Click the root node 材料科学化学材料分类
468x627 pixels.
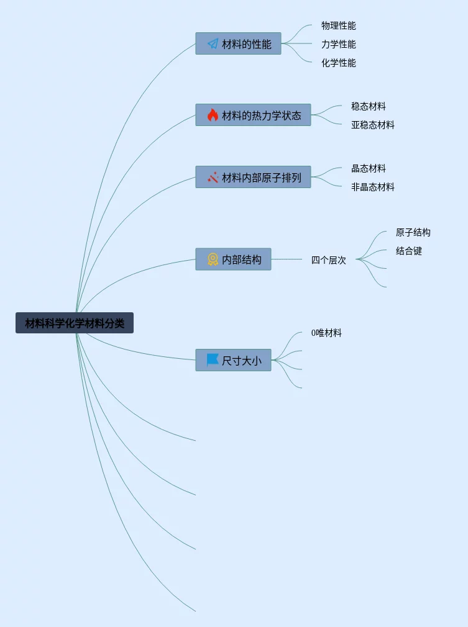coord(75,323)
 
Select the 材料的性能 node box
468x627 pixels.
coord(238,43)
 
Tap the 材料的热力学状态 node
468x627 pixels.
coord(253,115)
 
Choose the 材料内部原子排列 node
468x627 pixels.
coord(253,177)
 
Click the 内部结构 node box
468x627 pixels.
coord(233,259)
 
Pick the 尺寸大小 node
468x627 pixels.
coord(233,360)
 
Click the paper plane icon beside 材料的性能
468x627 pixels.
coord(213,44)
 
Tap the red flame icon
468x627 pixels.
coord(213,115)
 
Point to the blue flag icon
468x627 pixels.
coord(213,359)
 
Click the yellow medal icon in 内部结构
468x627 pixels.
coord(213,259)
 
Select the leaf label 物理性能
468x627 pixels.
coord(338,25)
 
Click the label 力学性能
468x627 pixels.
coord(338,44)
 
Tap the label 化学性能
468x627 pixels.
coord(338,63)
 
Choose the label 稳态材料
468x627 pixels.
coord(368,106)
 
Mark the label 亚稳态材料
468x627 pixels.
coord(372,125)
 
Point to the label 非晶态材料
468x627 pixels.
coord(372,187)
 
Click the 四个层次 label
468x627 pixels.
coord(328,260)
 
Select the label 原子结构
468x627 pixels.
coord(413,232)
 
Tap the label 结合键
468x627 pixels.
coord(408,251)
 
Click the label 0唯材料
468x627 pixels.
coord(326,333)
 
